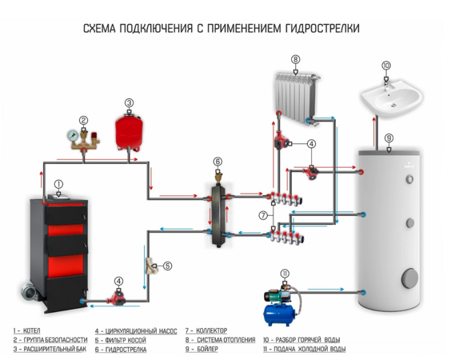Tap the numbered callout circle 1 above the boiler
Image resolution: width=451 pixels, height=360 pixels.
58,184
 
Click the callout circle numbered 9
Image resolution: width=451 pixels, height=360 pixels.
389,138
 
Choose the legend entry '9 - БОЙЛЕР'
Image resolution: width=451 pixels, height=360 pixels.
206,350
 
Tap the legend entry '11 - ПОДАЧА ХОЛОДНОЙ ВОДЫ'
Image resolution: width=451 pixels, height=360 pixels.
304,350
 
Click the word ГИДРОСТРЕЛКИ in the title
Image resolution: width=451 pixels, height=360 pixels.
315,29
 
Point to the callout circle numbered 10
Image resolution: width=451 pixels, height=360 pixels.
386,66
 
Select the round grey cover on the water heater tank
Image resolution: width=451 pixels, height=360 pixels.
409,278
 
